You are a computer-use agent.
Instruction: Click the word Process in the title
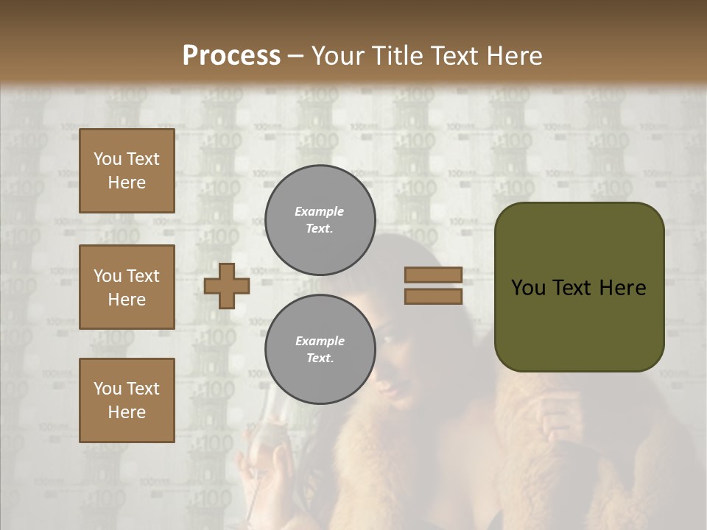(x=231, y=56)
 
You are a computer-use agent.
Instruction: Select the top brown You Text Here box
(x=127, y=171)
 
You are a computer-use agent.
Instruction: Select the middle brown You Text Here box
(x=127, y=287)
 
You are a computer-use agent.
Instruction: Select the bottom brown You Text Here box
(x=127, y=400)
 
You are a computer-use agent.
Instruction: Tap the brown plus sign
(x=227, y=286)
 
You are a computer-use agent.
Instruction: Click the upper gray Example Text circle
(x=320, y=220)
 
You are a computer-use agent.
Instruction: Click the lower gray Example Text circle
(x=320, y=350)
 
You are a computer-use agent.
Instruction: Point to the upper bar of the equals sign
(x=433, y=275)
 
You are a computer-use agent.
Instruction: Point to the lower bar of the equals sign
(x=433, y=296)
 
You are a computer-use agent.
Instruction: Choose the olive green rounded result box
(x=579, y=287)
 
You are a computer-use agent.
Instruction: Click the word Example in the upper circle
(x=319, y=211)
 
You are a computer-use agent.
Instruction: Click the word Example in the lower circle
(x=319, y=341)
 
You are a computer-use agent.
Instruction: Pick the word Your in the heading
(x=338, y=56)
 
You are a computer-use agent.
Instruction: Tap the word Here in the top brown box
(x=127, y=183)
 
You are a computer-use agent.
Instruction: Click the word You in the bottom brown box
(x=107, y=389)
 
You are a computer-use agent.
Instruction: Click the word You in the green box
(x=528, y=288)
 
